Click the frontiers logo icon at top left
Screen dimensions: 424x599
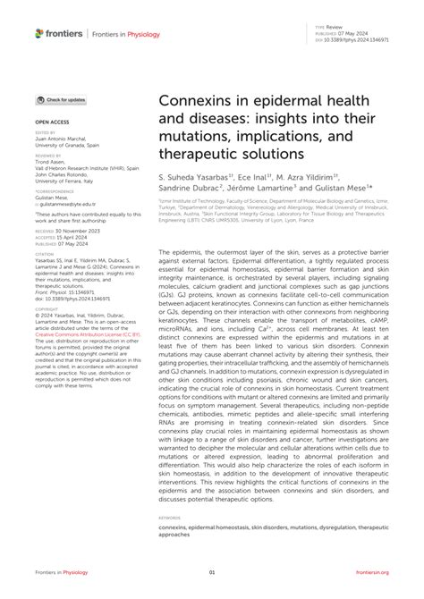coord(39,33)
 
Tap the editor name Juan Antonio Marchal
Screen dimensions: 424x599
coord(64,139)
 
